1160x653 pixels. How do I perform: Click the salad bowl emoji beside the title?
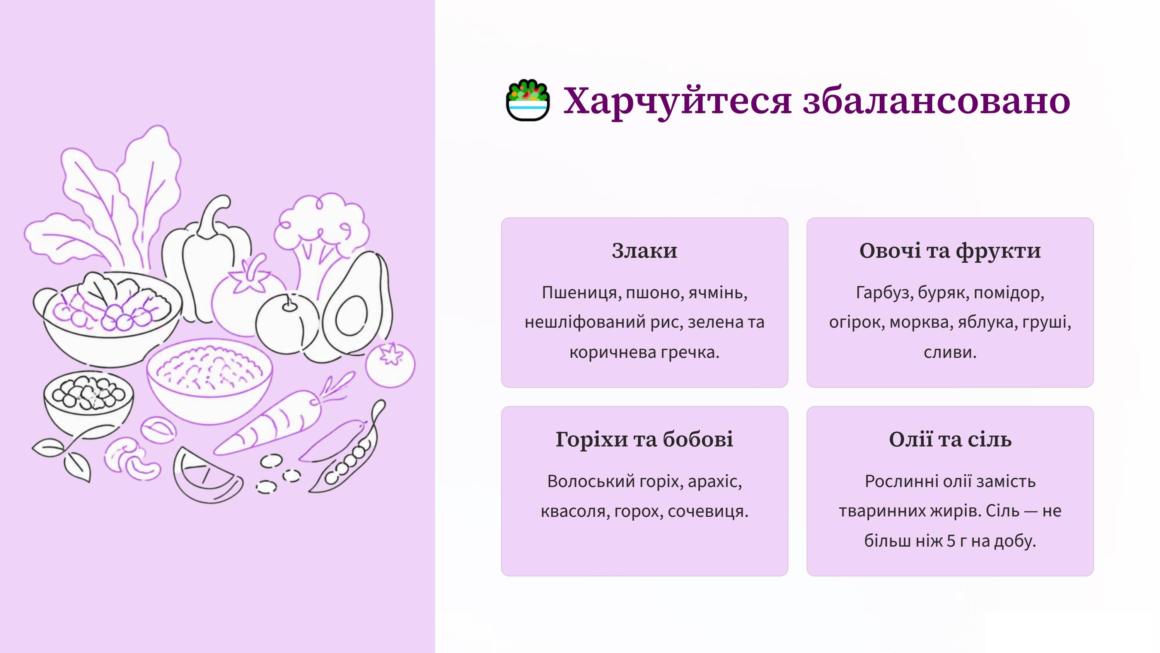pos(528,100)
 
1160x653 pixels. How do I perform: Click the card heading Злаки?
pos(645,251)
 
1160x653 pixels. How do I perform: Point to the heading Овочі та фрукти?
pos(950,251)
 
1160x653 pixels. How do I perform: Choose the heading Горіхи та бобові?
pos(645,439)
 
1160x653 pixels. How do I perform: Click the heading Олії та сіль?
pos(950,439)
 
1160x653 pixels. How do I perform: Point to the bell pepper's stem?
pos(213,216)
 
